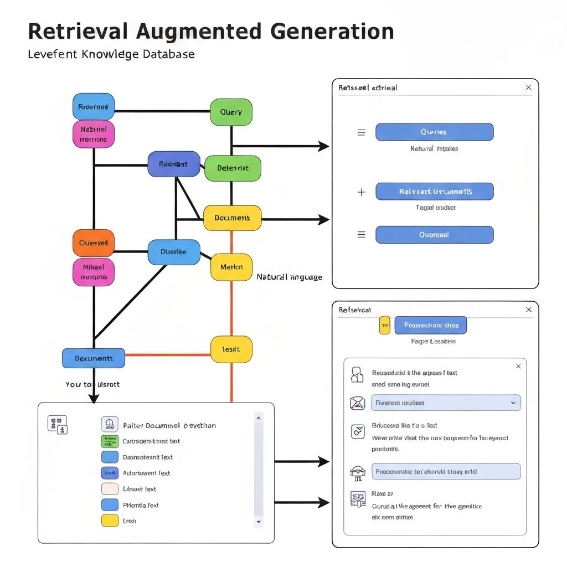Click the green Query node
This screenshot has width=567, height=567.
pos(231,112)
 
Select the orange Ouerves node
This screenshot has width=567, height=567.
pos(94,243)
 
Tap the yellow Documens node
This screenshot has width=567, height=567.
pos(232,218)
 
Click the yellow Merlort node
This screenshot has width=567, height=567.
pos(231,267)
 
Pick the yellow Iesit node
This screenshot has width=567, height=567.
pos(231,349)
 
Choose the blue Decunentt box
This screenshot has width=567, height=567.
pos(94,358)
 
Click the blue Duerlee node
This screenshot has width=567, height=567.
pos(174,252)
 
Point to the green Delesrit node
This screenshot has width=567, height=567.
pos(233,168)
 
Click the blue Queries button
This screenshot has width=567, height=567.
pos(434,132)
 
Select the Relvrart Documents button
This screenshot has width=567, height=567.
pos(434,192)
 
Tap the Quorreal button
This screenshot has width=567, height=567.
pos(434,235)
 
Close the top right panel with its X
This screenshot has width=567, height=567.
pos(528,87)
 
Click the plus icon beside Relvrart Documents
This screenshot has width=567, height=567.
pos(362,192)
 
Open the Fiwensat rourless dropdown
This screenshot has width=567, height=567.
pos(446,403)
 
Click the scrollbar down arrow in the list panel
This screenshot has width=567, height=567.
pos(259,522)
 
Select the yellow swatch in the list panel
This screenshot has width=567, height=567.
pos(110,520)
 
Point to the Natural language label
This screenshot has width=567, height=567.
pos(289,277)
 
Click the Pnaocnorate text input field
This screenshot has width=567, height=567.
pos(446,471)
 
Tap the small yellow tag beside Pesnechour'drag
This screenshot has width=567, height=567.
pos(384,326)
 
